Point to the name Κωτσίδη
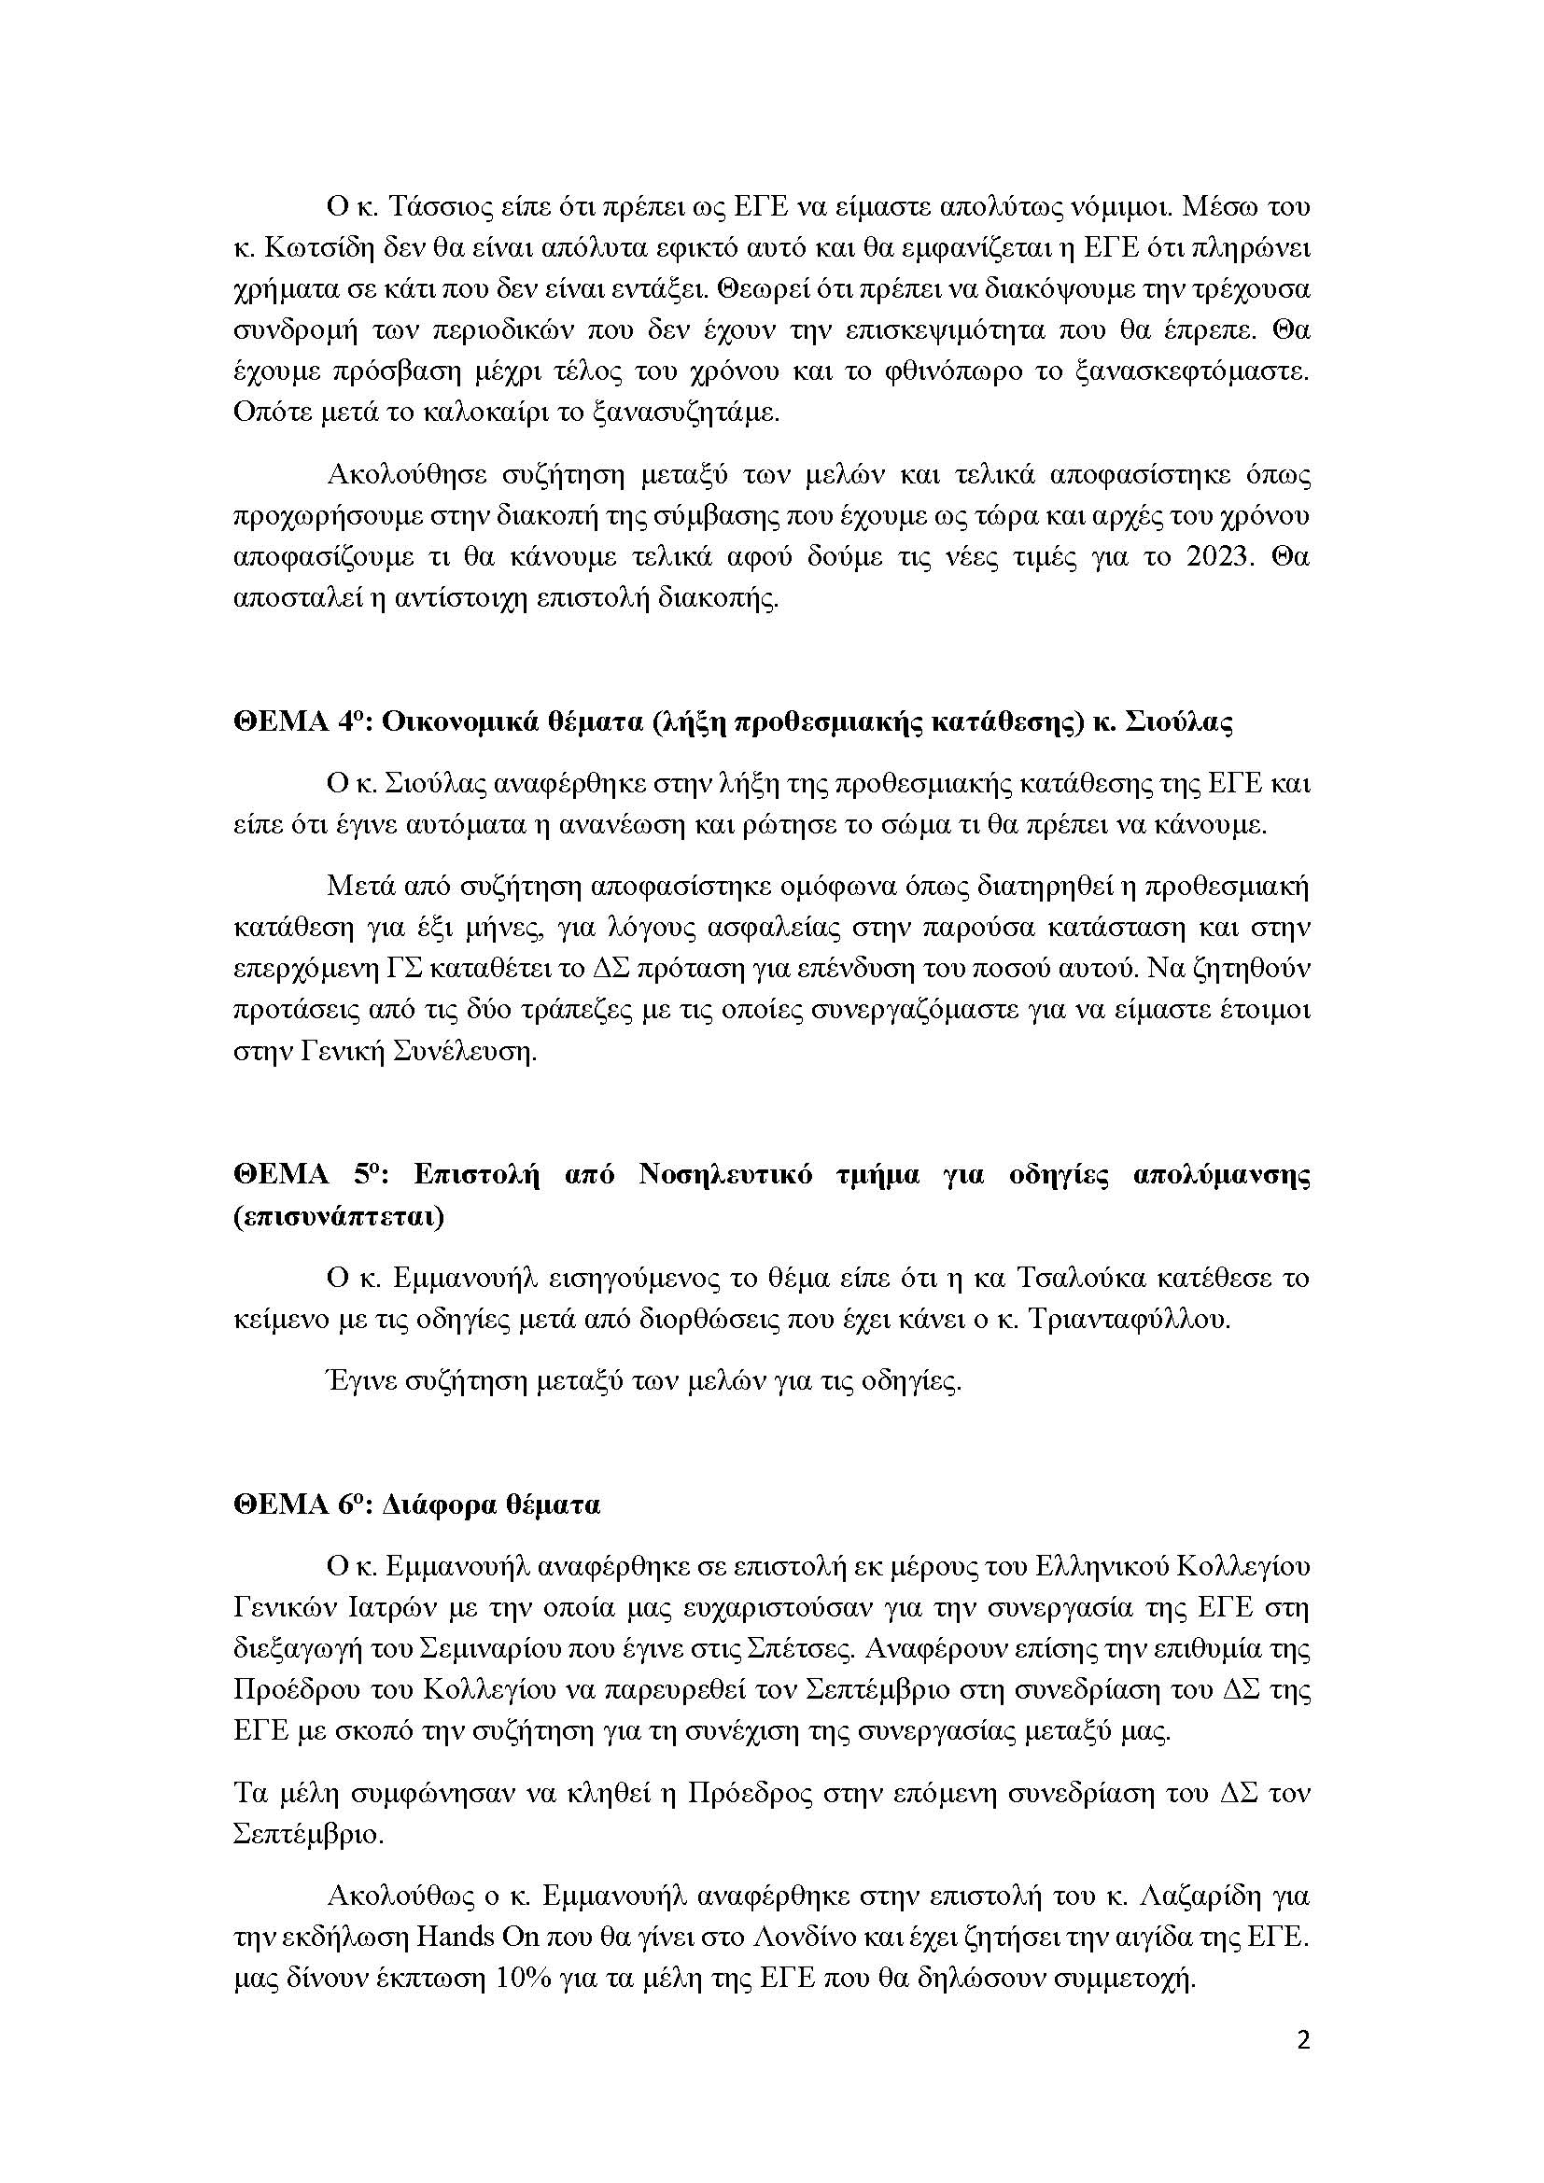(315, 248)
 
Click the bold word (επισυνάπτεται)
(339, 1217)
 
